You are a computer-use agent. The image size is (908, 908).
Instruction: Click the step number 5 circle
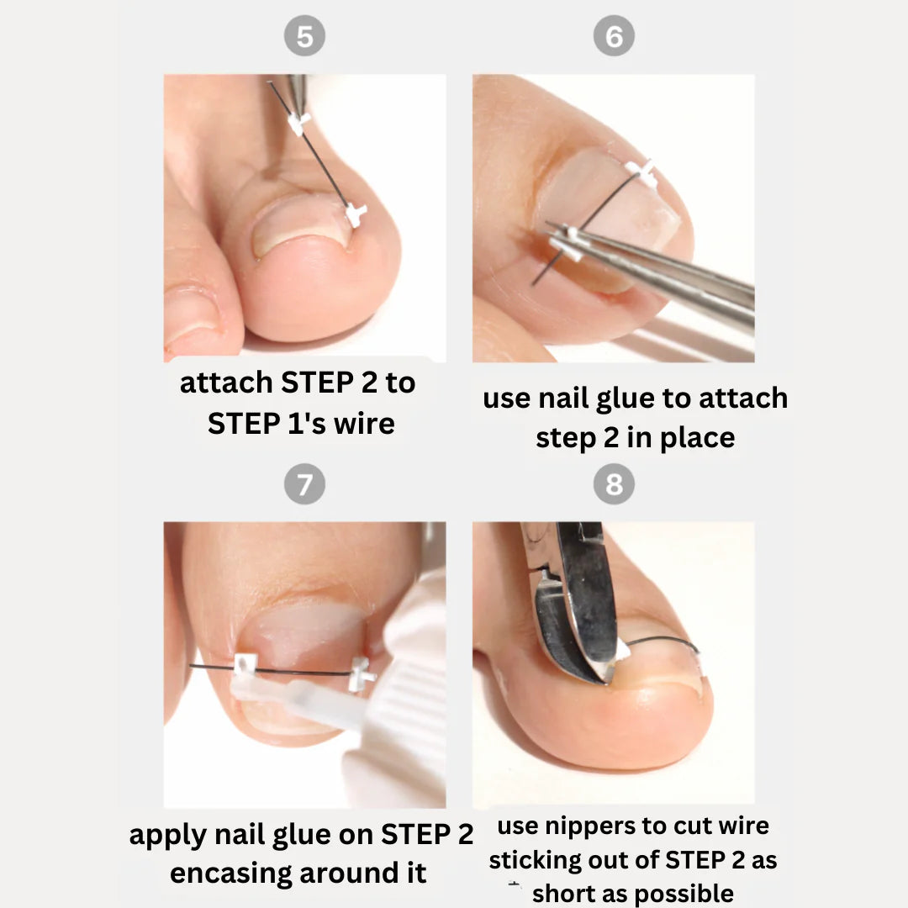304,38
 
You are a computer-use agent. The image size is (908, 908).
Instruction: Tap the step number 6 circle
614,38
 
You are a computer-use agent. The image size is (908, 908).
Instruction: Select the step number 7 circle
304,485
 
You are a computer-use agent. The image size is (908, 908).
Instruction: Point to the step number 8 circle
614,485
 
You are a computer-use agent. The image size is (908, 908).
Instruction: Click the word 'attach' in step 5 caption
227,383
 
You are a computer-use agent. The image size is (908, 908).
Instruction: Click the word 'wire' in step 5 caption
363,423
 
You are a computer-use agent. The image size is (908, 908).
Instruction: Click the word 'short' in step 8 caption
562,893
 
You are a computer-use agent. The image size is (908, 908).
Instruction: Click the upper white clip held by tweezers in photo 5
299,123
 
